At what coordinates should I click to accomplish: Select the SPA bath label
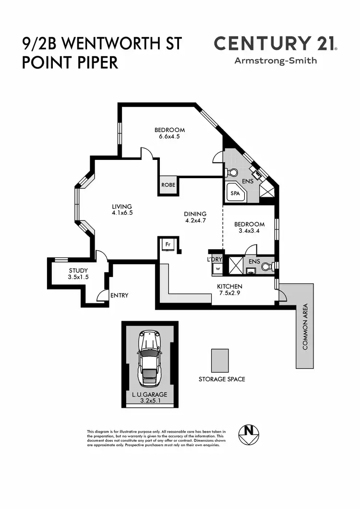235,194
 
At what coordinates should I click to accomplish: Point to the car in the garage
149,359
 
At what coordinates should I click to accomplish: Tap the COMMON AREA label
305,327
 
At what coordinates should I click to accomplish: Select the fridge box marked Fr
168,244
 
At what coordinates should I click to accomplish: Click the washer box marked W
217,268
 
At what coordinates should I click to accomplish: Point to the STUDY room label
78,270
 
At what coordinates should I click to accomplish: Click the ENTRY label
120,295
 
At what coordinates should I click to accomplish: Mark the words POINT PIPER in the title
70,63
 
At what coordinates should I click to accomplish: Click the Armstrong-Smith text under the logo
276,61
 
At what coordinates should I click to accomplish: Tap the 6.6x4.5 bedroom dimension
169,136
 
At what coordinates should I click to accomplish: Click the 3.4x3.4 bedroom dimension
249,230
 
